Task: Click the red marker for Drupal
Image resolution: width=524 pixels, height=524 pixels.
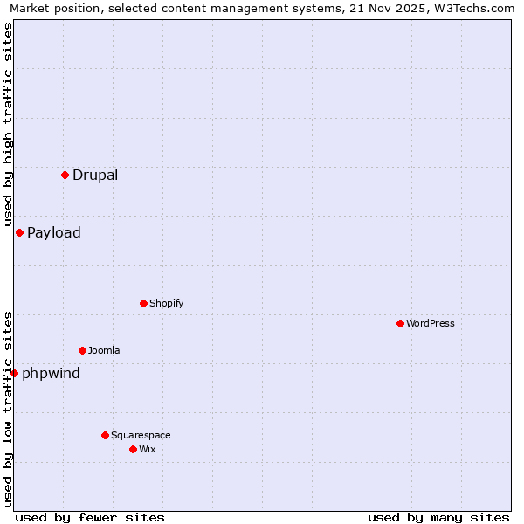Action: (65, 175)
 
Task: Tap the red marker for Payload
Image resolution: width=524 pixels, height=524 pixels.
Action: (19, 232)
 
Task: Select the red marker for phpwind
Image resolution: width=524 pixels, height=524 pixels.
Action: (14, 373)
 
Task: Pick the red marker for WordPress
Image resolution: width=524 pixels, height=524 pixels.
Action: (400, 323)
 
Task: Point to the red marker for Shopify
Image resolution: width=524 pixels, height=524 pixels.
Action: (143, 303)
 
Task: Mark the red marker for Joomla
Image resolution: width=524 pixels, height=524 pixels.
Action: (82, 350)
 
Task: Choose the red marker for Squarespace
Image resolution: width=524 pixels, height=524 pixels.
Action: (105, 435)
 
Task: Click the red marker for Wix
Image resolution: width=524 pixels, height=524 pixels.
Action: (133, 449)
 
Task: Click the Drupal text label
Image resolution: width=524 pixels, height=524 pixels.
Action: (95, 175)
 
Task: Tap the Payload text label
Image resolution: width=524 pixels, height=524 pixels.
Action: (54, 232)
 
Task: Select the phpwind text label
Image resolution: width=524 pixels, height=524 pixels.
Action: (51, 374)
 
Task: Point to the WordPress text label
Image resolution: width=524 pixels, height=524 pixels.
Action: (431, 323)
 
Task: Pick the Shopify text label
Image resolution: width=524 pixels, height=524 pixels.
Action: (166, 303)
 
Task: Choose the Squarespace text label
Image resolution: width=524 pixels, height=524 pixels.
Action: (141, 435)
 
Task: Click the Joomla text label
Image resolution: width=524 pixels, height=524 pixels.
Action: (104, 350)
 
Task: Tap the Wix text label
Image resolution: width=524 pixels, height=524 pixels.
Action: (147, 449)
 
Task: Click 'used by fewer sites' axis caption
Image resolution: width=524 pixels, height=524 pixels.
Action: (90, 517)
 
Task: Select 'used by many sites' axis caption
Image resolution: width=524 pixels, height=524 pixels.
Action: (438, 517)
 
